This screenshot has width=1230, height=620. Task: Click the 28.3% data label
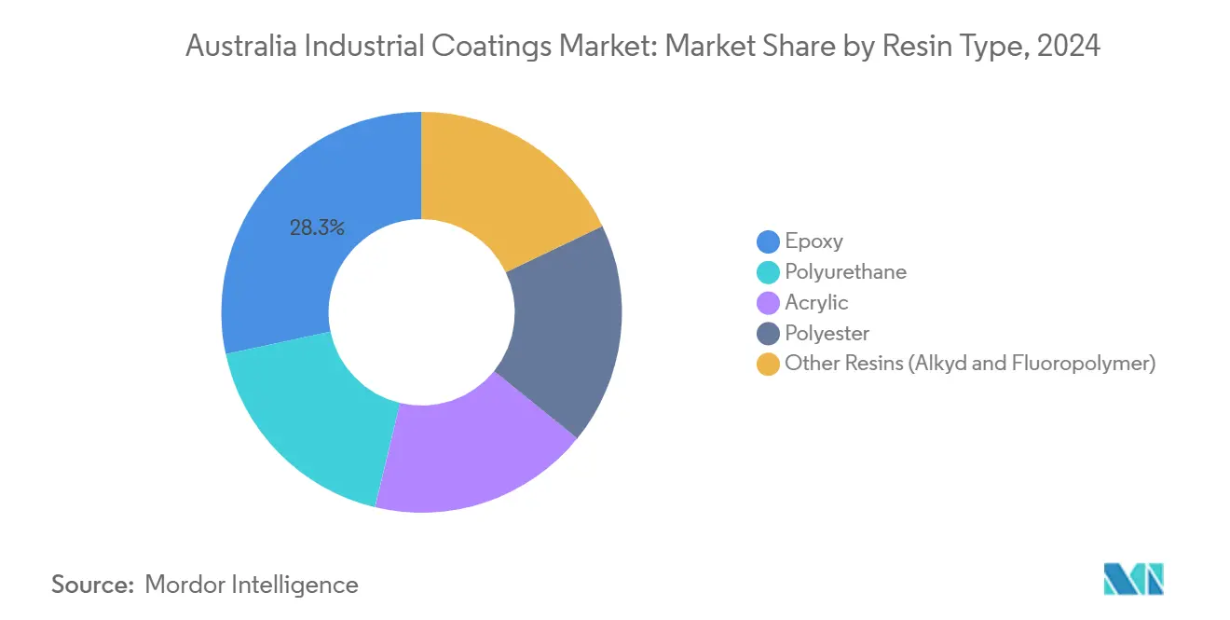point(317,227)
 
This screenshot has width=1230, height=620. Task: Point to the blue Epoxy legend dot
point(768,241)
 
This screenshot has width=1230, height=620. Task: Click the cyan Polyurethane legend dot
point(768,272)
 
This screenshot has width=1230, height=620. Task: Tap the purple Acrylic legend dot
point(768,303)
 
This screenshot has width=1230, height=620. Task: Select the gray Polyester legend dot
point(768,334)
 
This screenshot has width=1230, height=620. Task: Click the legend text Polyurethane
point(845,272)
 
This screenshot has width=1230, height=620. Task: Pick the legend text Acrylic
point(816,303)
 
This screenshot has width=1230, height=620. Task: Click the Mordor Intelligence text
point(252,585)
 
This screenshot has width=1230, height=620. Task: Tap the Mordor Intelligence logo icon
point(1133,580)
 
